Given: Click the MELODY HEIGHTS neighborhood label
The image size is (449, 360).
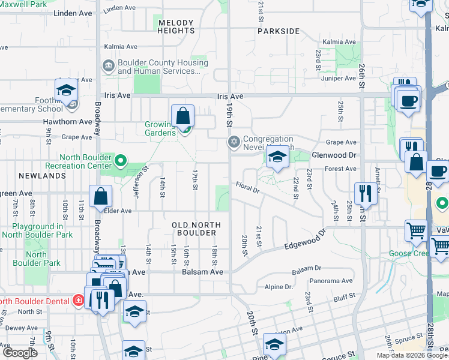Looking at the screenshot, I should click(176, 26).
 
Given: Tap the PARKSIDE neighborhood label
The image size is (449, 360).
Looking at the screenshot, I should click(279, 31).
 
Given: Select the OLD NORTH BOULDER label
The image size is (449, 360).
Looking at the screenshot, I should click(196, 229).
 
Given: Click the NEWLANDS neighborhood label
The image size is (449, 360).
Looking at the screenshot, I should click(42, 176).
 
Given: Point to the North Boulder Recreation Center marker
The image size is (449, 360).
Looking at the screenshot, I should click(121, 160).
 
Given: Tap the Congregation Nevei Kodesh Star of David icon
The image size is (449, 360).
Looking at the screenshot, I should click(233, 142).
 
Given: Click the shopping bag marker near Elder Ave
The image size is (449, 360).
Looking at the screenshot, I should click(100, 196).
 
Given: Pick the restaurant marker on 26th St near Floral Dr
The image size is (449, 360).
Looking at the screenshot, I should click(364, 193).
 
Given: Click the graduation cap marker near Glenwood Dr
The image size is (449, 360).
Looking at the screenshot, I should click(277, 158).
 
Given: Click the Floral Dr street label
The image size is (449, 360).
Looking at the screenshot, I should click(247, 188).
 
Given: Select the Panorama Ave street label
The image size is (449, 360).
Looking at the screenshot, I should click(331, 281).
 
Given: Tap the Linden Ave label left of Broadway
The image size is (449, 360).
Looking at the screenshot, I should click(73, 13).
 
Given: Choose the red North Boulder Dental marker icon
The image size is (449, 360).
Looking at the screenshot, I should click(78, 300).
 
